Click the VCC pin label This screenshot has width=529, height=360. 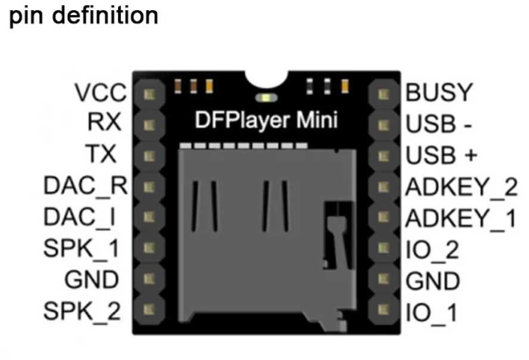point(101,93)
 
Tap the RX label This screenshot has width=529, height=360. point(105,123)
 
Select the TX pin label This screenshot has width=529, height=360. point(105,154)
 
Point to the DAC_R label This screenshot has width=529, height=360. point(86,186)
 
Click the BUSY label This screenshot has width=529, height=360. point(438,92)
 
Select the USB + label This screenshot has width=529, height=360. point(441,155)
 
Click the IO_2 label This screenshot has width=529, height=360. point(432,250)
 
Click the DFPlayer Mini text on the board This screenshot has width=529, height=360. point(266,121)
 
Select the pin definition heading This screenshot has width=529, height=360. point(83,15)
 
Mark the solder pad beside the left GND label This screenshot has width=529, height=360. point(149,278)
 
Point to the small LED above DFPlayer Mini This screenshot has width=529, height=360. point(264,97)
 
